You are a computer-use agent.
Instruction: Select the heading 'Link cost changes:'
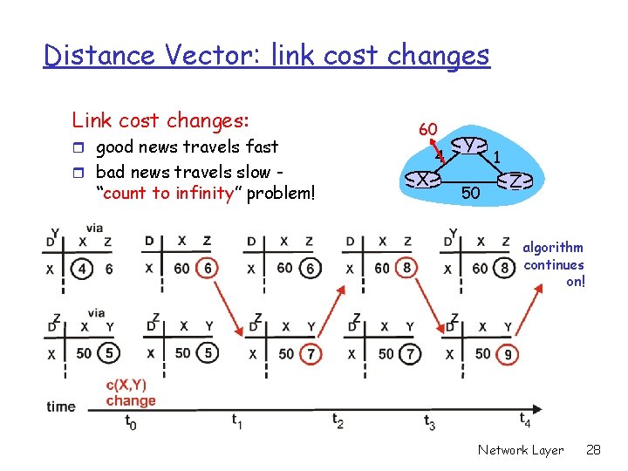tap(160, 119)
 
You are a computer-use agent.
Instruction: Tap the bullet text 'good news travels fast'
tap(187, 147)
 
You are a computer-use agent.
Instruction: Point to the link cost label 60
tap(427, 129)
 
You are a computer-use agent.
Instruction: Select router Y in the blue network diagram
tap(470, 145)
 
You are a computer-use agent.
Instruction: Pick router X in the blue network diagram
tap(422, 179)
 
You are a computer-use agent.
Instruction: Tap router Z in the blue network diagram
tap(515, 181)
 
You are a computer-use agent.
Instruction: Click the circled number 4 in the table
tap(83, 269)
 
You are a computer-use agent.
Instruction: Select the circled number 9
tap(508, 354)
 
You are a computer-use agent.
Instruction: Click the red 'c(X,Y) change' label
tap(131, 392)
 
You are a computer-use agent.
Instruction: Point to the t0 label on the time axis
tap(130, 424)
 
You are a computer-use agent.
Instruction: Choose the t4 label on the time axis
tap(525, 420)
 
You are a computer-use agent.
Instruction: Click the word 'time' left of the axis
tap(61, 406)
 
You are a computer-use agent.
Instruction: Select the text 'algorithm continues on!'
tap(554, 264)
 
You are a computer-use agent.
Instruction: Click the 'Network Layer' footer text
tap(521, 450)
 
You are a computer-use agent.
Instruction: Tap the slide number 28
tap(594, 450)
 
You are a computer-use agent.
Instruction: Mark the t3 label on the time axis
tap(429, 423)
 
